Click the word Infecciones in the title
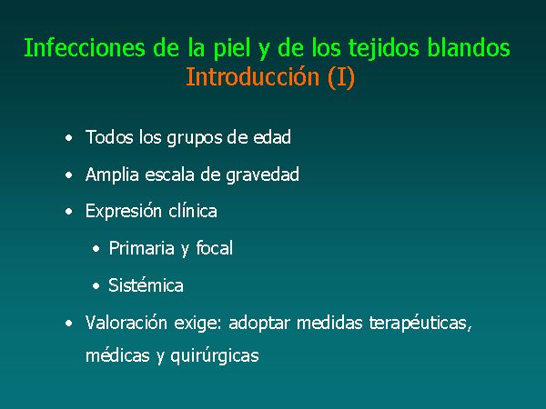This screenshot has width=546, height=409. coord(85,47)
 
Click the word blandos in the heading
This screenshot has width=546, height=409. coord(469,47)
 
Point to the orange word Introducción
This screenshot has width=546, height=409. coord(253,77)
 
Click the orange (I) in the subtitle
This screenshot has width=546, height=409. coord(341,77)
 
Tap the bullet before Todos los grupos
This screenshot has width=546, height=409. coord(69,138)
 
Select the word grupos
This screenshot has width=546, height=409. coord(195,138)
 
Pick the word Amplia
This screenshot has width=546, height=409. coord(112,175)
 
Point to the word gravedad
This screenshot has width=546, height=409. coord(263,175)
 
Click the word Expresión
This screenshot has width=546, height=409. coord(124,212)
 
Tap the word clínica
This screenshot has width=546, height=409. coord(193,211)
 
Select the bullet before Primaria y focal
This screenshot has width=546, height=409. coord(96,249)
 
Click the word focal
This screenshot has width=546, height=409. coord(215,248)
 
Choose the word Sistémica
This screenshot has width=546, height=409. coord(146,285)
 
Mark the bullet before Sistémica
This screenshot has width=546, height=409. coord(96,286)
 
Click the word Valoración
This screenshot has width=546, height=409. coord(126,323)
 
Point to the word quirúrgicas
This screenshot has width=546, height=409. coord(215,356)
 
